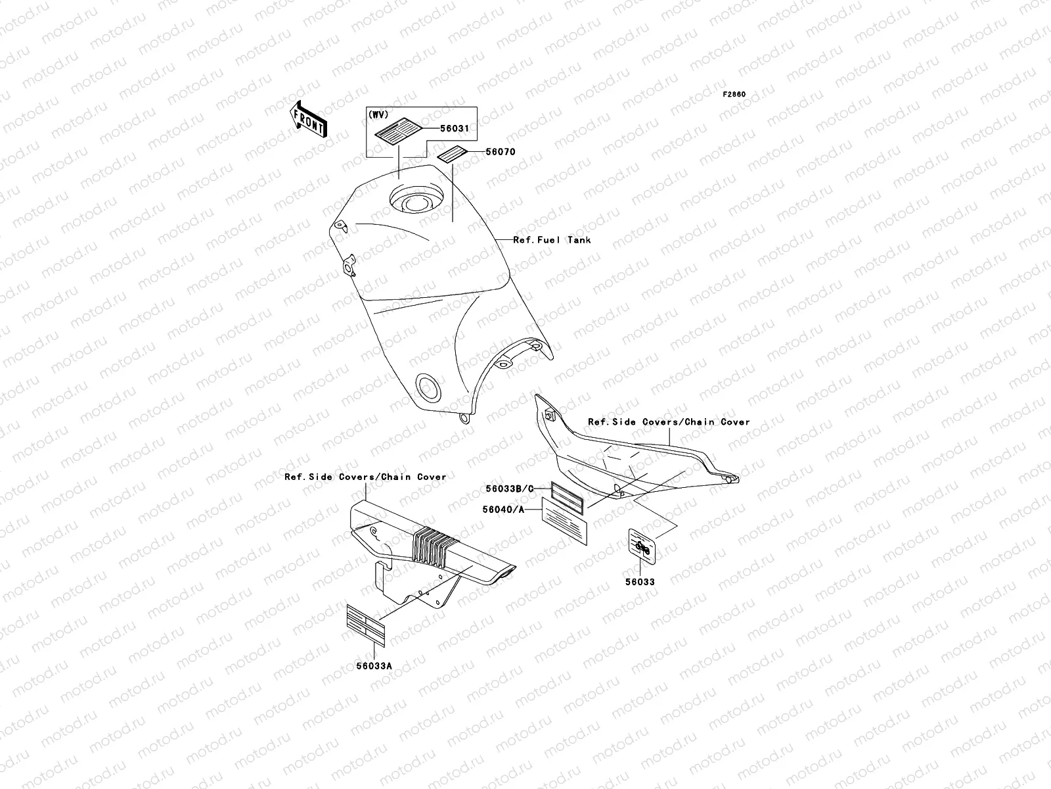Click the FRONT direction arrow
tap(308, 119)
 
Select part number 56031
tap(455, 128)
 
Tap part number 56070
tap(501, 152)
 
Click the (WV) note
tap(378, 114)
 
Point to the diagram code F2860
tap(734, 95)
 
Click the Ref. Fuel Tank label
tap(552, 240)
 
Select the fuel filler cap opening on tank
tap(417, 200)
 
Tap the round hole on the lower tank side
tap(428, 387)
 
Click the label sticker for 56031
tap(398, 131)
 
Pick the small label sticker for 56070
tap(452, 155)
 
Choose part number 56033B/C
tap(510, 489)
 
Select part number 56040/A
tap(503, 510)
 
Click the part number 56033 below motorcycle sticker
tap(640, 582)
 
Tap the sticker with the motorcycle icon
tap(642, 547)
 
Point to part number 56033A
tap(374, 666)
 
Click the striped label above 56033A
tap(366, 626)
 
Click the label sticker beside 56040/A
tap(564, 521)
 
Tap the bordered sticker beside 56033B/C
tap(568, 498)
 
